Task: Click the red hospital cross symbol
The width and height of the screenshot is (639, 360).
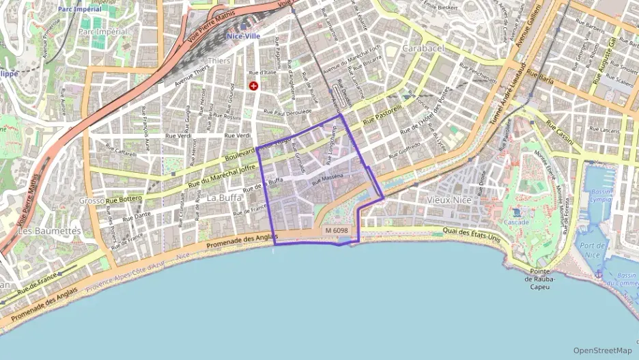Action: tap(254, 86)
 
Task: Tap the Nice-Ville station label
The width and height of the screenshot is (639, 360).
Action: tap(244, 35)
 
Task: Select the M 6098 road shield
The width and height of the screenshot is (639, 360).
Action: tap(337, 231)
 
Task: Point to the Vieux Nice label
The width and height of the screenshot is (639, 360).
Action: tap(448, 199)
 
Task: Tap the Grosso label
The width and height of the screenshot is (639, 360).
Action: tap(91, 201)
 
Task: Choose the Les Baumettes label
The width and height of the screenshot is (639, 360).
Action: tap(48, 231)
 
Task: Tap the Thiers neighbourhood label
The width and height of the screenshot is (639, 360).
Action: tap(218, 61)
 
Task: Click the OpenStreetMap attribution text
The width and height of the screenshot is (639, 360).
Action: tap(603, 350)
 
